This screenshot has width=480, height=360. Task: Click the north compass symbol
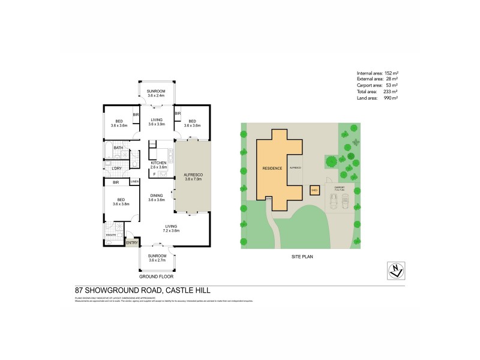click(x=394, y=271)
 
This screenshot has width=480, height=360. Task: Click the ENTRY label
click(x=131, y=242)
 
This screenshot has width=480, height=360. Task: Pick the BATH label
click(x=118, y=148)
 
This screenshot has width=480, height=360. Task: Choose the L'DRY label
click(x=116, y=168)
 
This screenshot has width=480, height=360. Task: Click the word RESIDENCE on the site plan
click(x=272, y=169)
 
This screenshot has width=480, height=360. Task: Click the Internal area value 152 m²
click(x=391, y=73)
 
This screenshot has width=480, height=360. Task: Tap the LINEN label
click(x=134, y=182)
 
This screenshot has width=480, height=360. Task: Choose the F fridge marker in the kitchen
click(x=155, y=174)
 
